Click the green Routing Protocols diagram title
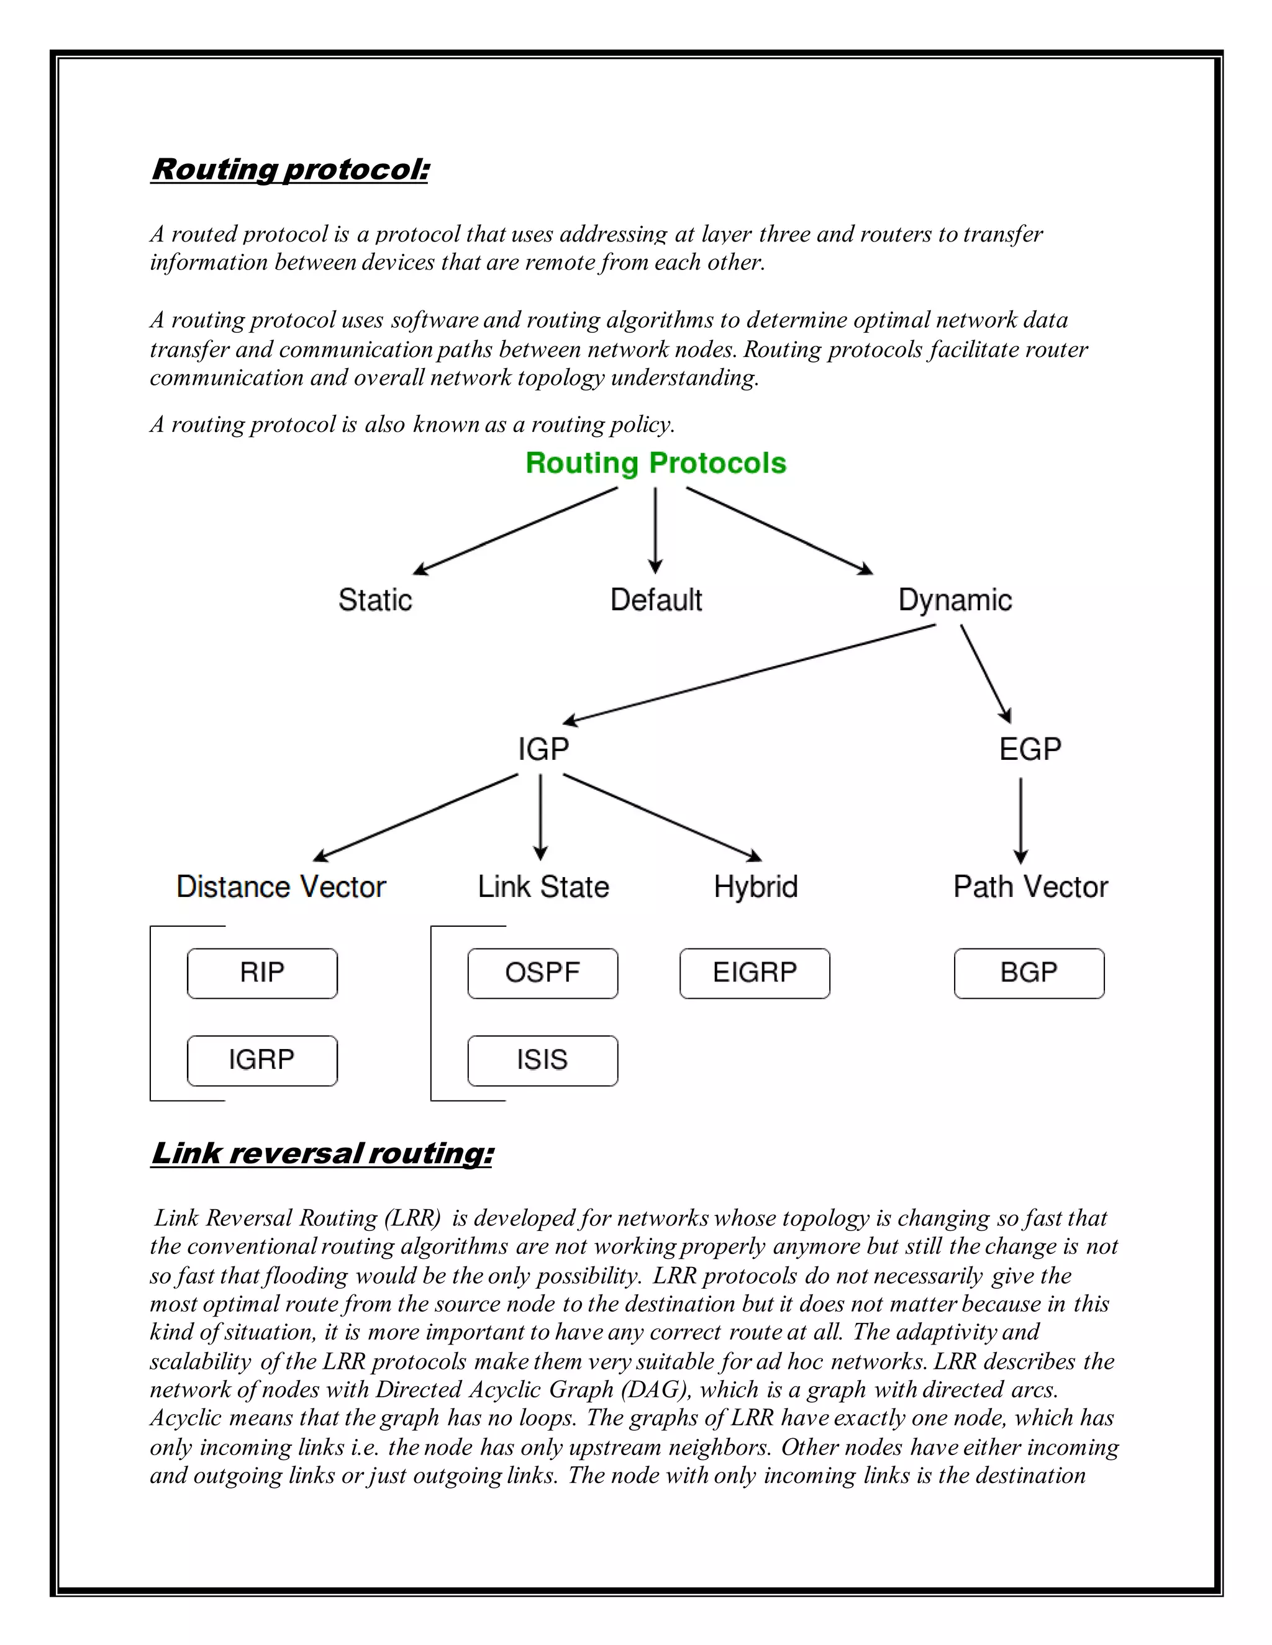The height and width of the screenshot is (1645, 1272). click(x=656, y=463)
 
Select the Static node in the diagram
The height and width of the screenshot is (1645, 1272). click(x=375, y=600)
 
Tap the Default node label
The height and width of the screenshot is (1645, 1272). click(x=656, y=600)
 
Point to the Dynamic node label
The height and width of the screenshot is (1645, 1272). click(x=955, y=600)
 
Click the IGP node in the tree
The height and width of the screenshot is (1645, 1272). click(x=543, y=749)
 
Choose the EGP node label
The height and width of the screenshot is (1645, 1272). click(x=1029, y=749)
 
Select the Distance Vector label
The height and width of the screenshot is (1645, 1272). click(x=281, y=886)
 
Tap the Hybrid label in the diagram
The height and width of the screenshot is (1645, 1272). click(x=755, y=886)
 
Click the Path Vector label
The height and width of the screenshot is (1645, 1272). click(x=1030, y=886)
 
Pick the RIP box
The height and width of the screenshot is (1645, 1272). click(x=262, y=973)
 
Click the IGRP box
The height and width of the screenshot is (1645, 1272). click(x=262, y=1060)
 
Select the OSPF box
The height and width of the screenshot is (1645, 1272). click(x=543, y=973)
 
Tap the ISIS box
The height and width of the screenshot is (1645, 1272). click(x=543, y=1060)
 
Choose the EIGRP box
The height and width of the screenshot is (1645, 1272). click(x=754, y=973)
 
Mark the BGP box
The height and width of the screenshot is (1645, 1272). click(x=1029, y=973)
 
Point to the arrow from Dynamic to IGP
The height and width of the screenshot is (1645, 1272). click(x=750, y=674)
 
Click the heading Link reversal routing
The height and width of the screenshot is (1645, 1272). click(x=322, y=1153)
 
